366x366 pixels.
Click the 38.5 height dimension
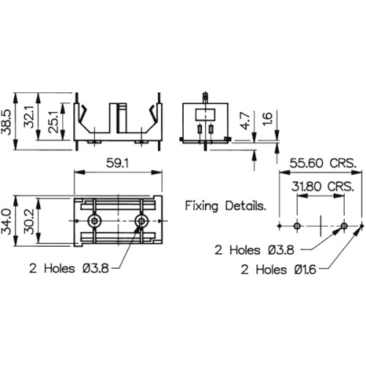point(7,122)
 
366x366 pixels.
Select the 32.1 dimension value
point(29,116)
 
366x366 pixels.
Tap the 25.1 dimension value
point(53,122)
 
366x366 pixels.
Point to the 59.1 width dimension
point(117,163)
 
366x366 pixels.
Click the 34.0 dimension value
point(7,222)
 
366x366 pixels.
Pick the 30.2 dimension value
point(29,221)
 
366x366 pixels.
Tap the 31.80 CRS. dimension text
point(323,187)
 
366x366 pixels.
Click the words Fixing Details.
point(225,206)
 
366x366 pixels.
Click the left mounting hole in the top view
point(94,221)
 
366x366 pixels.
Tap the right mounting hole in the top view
point(141,221)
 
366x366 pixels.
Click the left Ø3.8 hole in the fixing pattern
point(297,226)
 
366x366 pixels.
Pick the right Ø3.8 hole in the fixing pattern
point(344,226)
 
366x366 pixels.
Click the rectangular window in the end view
point(205,115)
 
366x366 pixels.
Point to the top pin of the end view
point(205,97)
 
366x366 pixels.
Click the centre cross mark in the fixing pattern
point(321,226)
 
